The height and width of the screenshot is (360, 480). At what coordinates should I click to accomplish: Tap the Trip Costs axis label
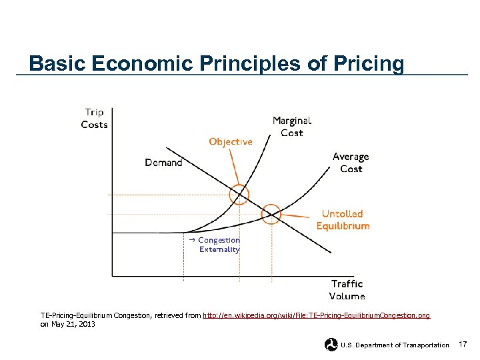tap(94, 118)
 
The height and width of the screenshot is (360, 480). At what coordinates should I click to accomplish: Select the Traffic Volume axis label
tap(347, 289)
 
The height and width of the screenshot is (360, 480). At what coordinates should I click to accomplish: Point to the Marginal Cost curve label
tap(292, 127)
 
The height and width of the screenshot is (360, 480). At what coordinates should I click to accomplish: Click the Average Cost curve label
tap(351, 163)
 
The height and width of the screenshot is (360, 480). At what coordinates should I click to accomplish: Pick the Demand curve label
tap(163, 162)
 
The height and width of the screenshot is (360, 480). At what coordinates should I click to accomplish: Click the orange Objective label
tap(231, 141)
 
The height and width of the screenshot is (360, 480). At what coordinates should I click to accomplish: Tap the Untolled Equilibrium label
tap(343, 220)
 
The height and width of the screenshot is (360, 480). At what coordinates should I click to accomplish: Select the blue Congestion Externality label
tap(219, 245)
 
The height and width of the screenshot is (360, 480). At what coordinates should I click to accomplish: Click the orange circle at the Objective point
tap(239, 195)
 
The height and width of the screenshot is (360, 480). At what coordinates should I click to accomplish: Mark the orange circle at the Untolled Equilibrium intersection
tap(271, 214)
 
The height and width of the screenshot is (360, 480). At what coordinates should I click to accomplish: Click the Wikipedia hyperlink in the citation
tap(316, 315)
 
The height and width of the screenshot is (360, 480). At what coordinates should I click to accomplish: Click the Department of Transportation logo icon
tap(331, 345)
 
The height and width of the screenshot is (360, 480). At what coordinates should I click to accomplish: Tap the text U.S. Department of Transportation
tap(395, 345)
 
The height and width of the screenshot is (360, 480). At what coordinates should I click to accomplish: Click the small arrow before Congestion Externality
tap(191, 239)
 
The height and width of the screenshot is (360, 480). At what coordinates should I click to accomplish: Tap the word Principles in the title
tap(250, 64)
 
